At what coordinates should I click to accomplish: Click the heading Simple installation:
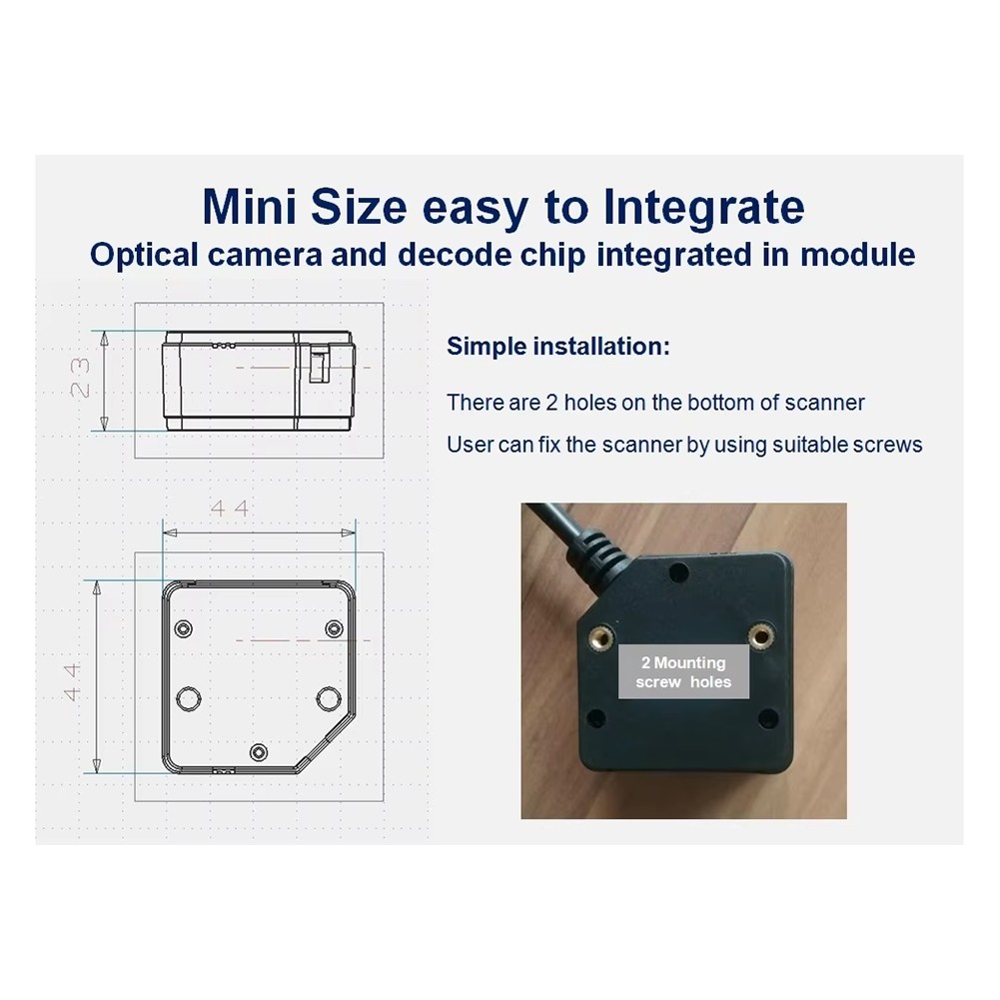pyautogui.click(x=558, y=347)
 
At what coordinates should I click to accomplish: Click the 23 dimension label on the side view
pyautogui.click(x=81, y=378)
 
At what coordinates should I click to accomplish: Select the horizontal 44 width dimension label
pyautogui.click(x=229, y=508)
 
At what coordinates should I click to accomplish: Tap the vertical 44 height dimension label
pyautogui.click(x=72, y=681)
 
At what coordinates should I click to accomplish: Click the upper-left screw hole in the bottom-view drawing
pyautogui.click(x=184, y=628)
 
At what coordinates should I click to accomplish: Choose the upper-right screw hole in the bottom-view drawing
pyautogui.click(x=335, y=628)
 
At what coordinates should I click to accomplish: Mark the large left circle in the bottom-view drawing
pyautogui.click(x=188, y=699)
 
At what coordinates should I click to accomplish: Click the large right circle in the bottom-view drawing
pyautogui.click(x=329, y=699)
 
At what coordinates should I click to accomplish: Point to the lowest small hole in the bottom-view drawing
pyautogui.click(x=259, y=752)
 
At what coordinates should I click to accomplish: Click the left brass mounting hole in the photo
pyautogui.click(x=600, y=636)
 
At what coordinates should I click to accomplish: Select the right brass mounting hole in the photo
pyautogui.click(x=760, y=635)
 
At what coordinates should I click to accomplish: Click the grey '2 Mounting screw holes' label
pyautogui.click(x=683, y=671)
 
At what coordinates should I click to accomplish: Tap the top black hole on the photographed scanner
pyautogui.click(x=678, y=572)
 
